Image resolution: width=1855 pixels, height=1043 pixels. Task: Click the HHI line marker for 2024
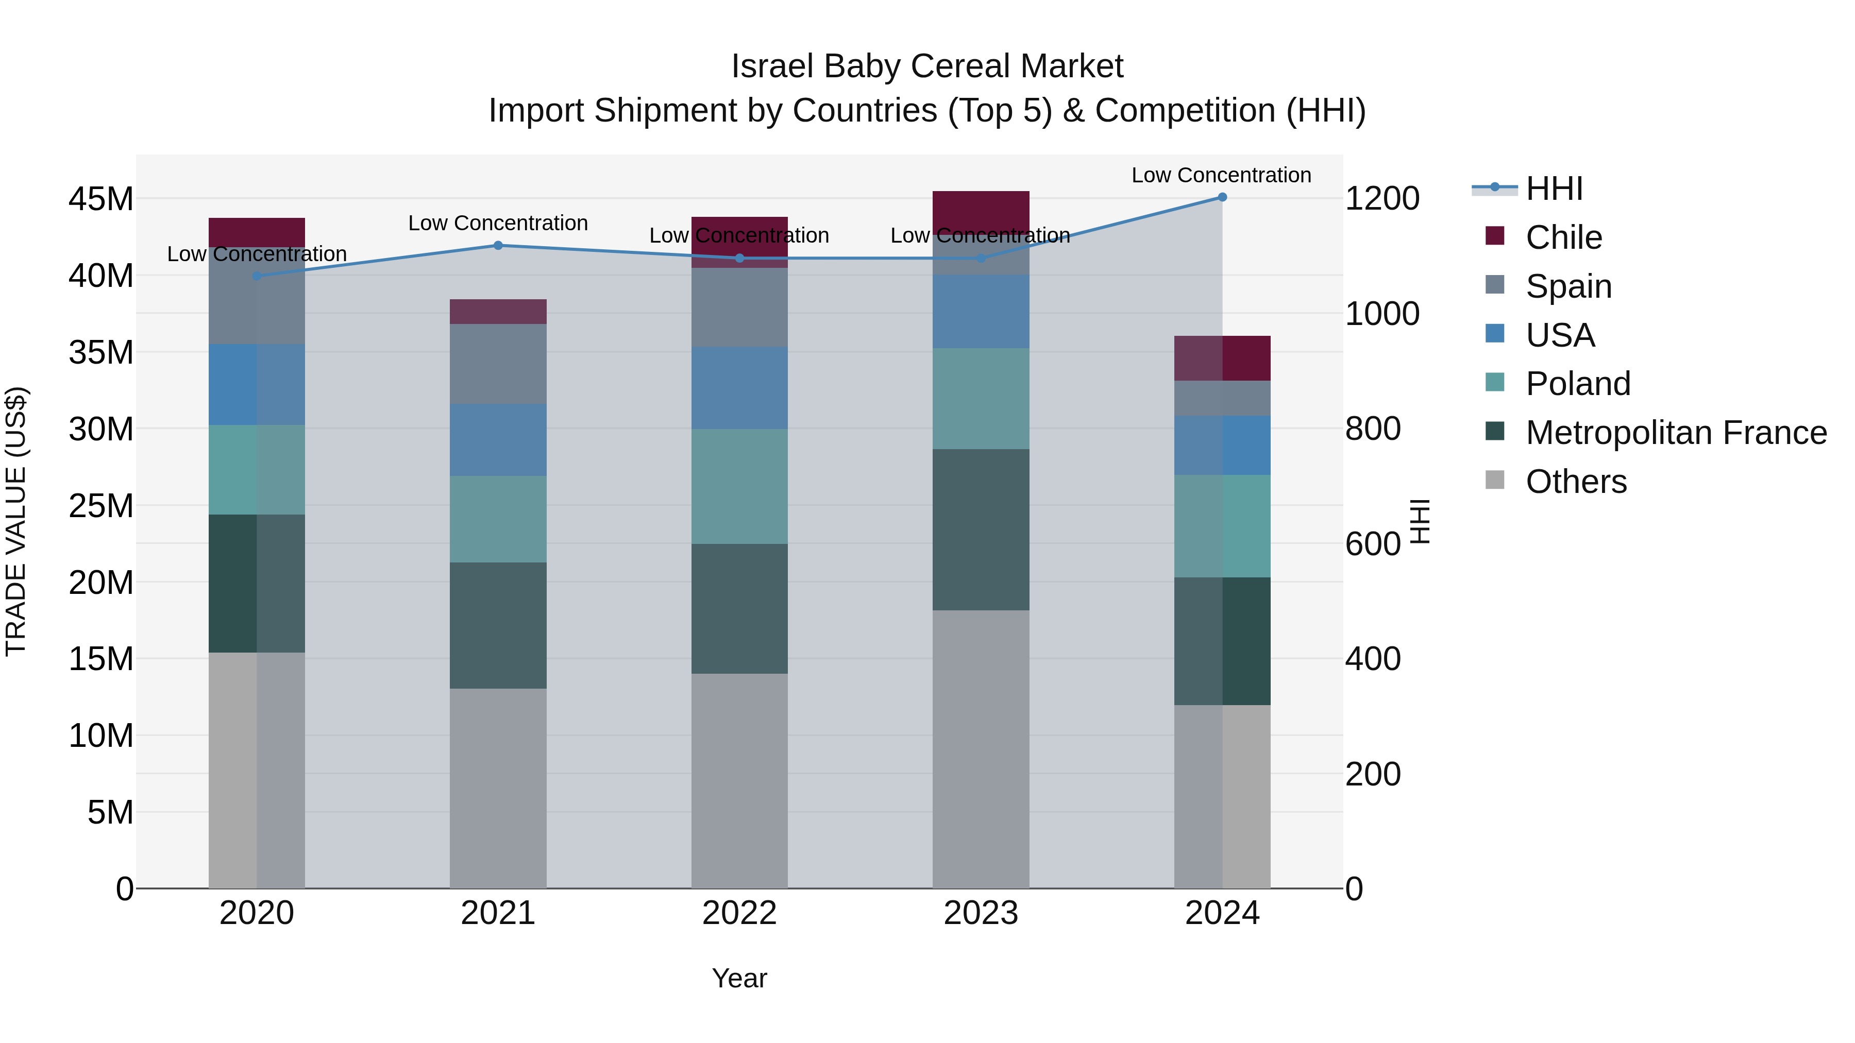[x=1222, y=197]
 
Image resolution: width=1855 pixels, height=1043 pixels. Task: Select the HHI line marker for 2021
[x=498, y=246]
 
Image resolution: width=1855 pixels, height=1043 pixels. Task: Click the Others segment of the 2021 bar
[x=498, y=788]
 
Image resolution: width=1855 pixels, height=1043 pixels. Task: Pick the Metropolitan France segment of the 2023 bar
[x=981, y=530]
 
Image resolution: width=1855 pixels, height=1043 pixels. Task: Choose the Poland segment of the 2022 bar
[x=739, y=487]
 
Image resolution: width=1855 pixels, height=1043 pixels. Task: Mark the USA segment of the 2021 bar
[x=498, y=440]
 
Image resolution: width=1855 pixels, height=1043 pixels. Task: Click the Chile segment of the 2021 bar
[x=498, y=312]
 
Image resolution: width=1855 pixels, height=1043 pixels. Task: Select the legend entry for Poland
[x=1577, y=384]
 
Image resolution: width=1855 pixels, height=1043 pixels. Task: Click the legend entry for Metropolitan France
[x=1675, y=433]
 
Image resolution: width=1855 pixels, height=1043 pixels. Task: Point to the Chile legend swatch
[x=1495, y=236]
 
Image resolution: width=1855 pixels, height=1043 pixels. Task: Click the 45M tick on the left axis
[x=101, y=199]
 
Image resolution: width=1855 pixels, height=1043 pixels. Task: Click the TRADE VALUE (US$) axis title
[x=16, y=521]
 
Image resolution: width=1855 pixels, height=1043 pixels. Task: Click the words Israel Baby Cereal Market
[x=927, y=66]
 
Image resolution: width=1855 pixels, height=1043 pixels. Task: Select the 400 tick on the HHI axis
[x=1373, y=659]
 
